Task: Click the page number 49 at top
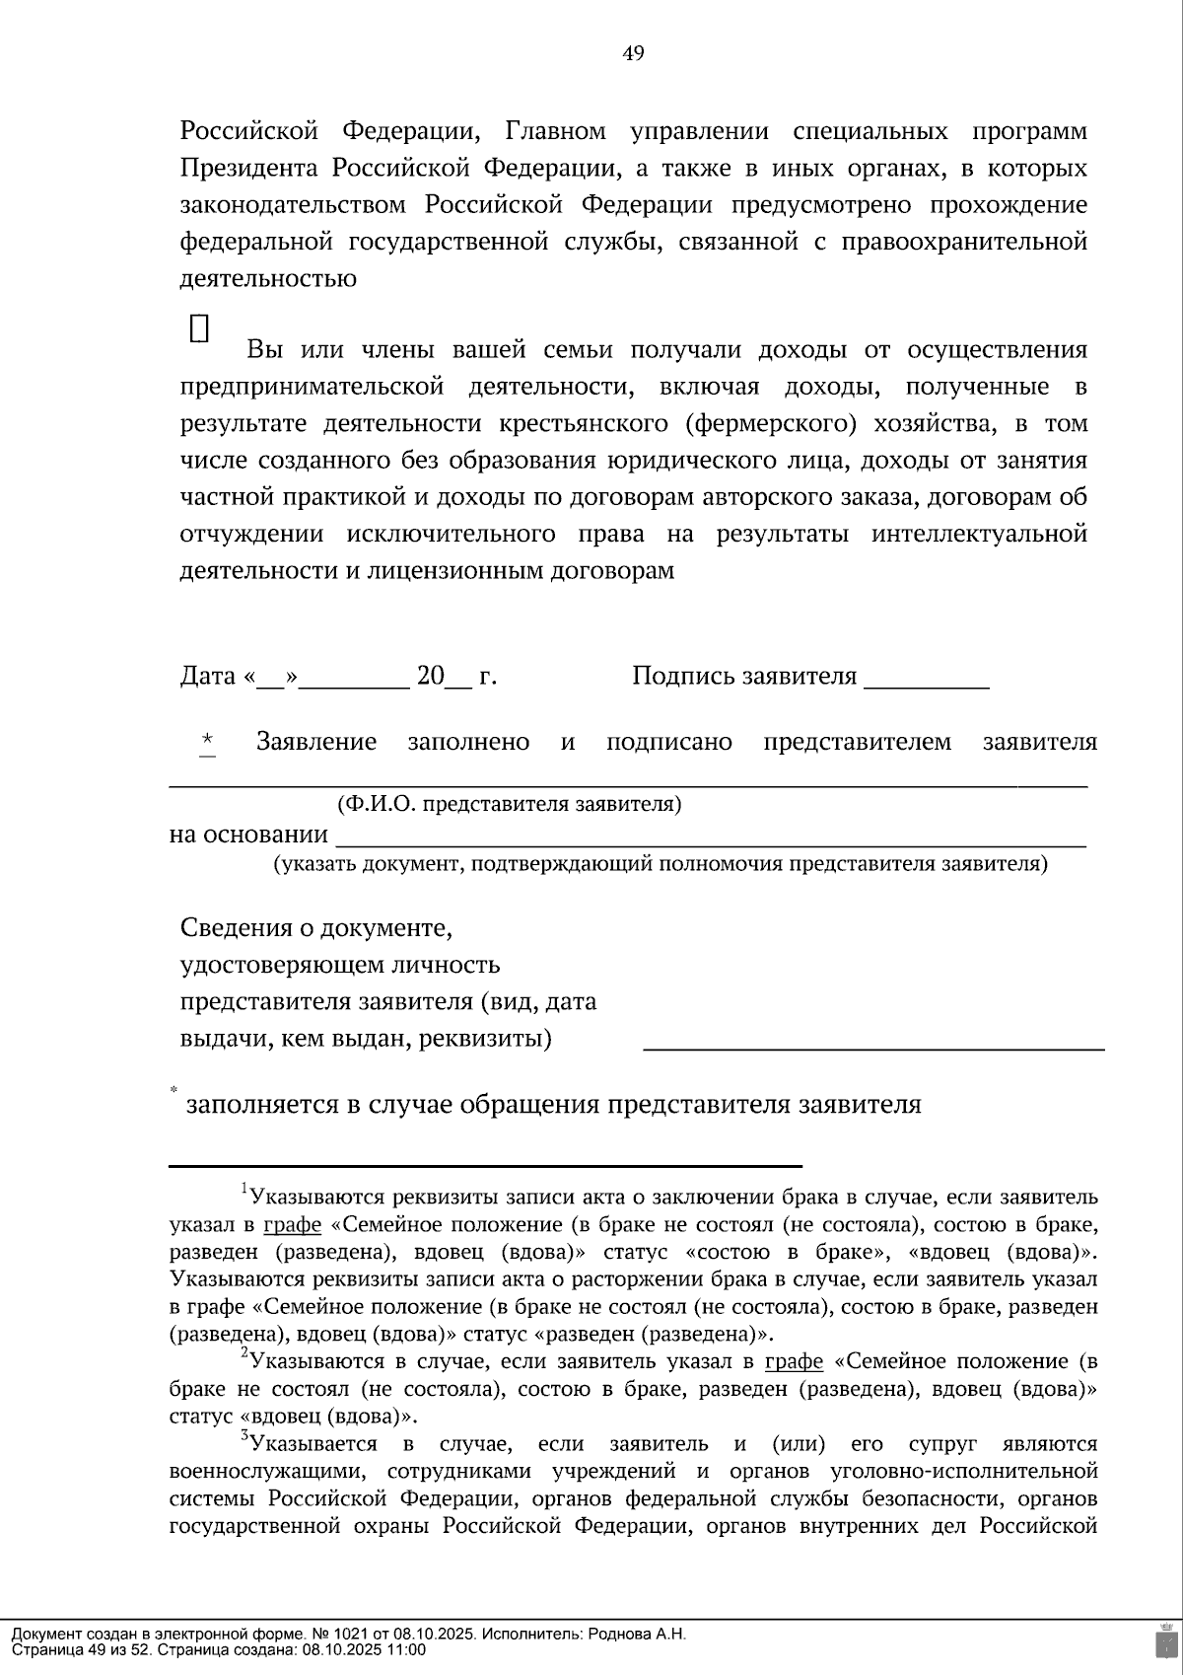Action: (633, 53)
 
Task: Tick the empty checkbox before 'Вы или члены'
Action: (199, 328)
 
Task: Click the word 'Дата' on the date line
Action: (208, 677)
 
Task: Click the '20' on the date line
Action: (431, 677)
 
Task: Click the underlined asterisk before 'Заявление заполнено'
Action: (207, 741)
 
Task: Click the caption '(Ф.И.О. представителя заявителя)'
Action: (509, 804)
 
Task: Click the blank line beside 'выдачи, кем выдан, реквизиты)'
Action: (872, 1045)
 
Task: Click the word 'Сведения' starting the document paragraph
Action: (231, 928)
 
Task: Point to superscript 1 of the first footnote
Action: (244, 1189)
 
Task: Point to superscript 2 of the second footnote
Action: (244, 1353)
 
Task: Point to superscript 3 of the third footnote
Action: (244, 1436)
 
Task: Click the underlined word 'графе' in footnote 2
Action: (794, 1362)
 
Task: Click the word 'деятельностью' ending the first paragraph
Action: (268, 279)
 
